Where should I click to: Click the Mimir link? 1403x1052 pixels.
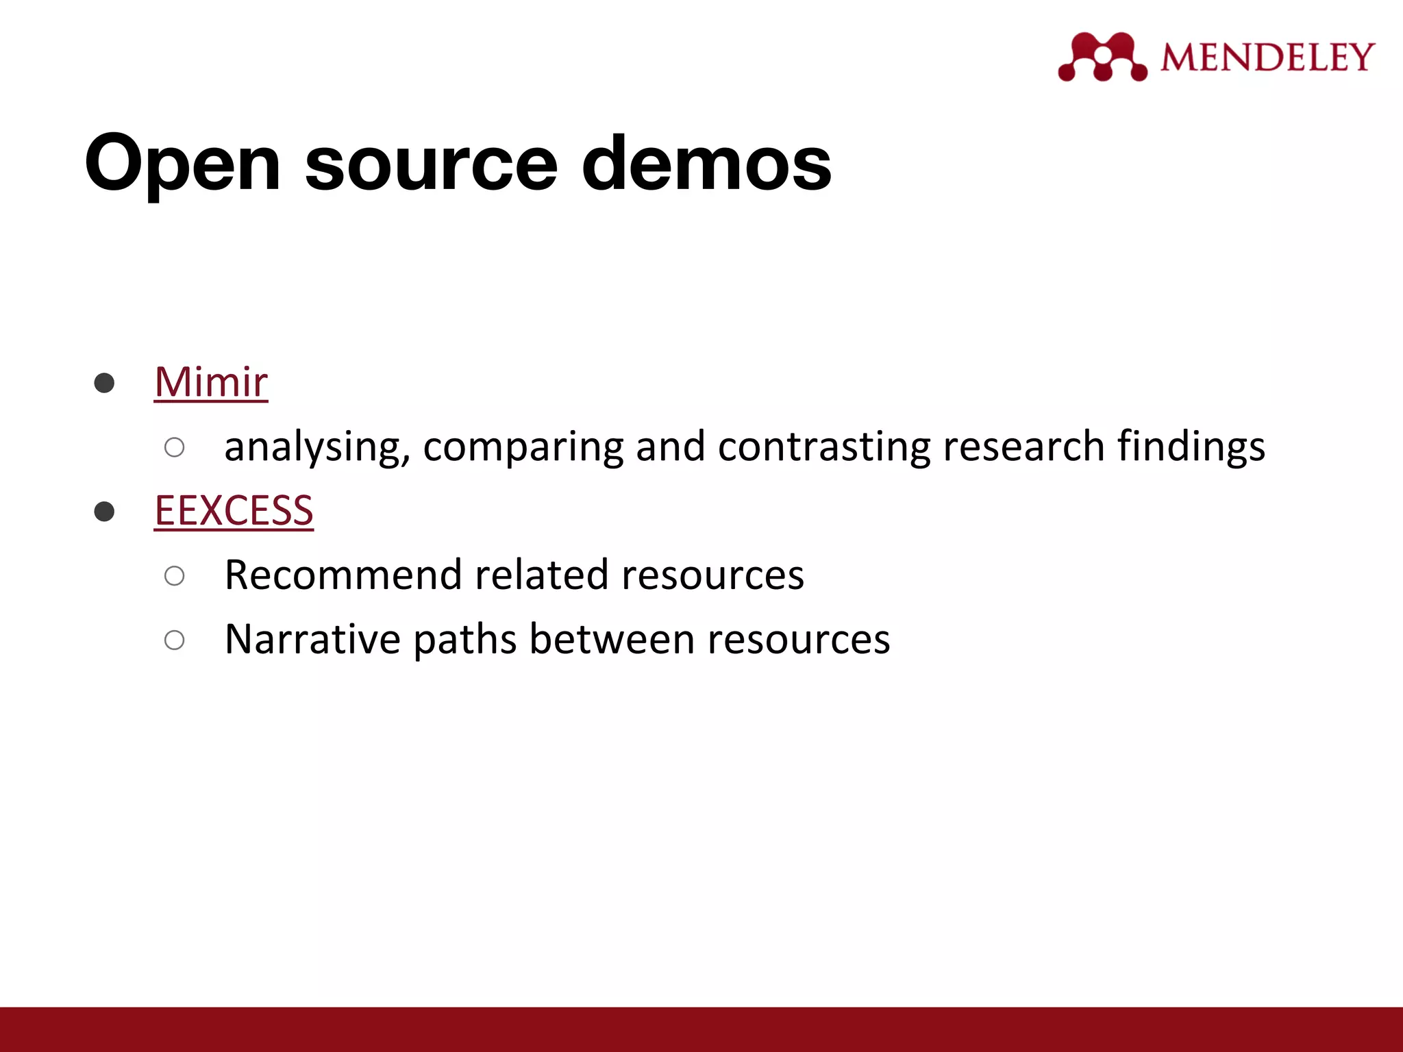coord(211,381)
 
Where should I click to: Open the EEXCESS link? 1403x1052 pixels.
coord(234,510)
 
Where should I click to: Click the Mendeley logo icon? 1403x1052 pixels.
coord(1102,57)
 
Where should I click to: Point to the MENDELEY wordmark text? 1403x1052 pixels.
coord(1267,57)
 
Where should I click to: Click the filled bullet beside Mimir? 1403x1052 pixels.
coord(104,383)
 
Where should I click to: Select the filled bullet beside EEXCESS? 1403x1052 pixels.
coord(104,512)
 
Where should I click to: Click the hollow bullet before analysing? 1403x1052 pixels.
coord(175,447)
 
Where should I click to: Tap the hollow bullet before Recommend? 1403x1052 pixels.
coord(175,575)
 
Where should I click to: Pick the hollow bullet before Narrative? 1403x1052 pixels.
coord(175,640)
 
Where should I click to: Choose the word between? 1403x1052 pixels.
coord(612,639)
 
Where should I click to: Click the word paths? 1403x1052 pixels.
coord(465,639)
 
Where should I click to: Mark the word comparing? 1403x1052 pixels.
coord(523,447)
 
